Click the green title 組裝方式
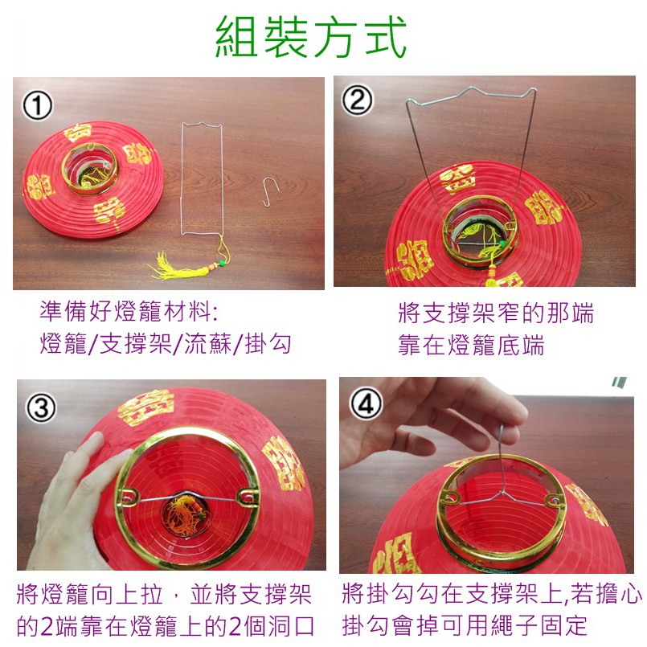[311, 37]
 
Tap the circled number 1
[37, 105]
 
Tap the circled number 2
[358, 100]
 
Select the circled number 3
[41, 408]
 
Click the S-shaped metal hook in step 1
[271, 192]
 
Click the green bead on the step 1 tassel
[222, 262]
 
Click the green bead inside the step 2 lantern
[502, 244]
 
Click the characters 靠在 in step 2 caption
[422, 345]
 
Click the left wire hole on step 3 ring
[129, 494]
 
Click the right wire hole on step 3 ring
[248, 495]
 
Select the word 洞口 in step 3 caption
[291, 626]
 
